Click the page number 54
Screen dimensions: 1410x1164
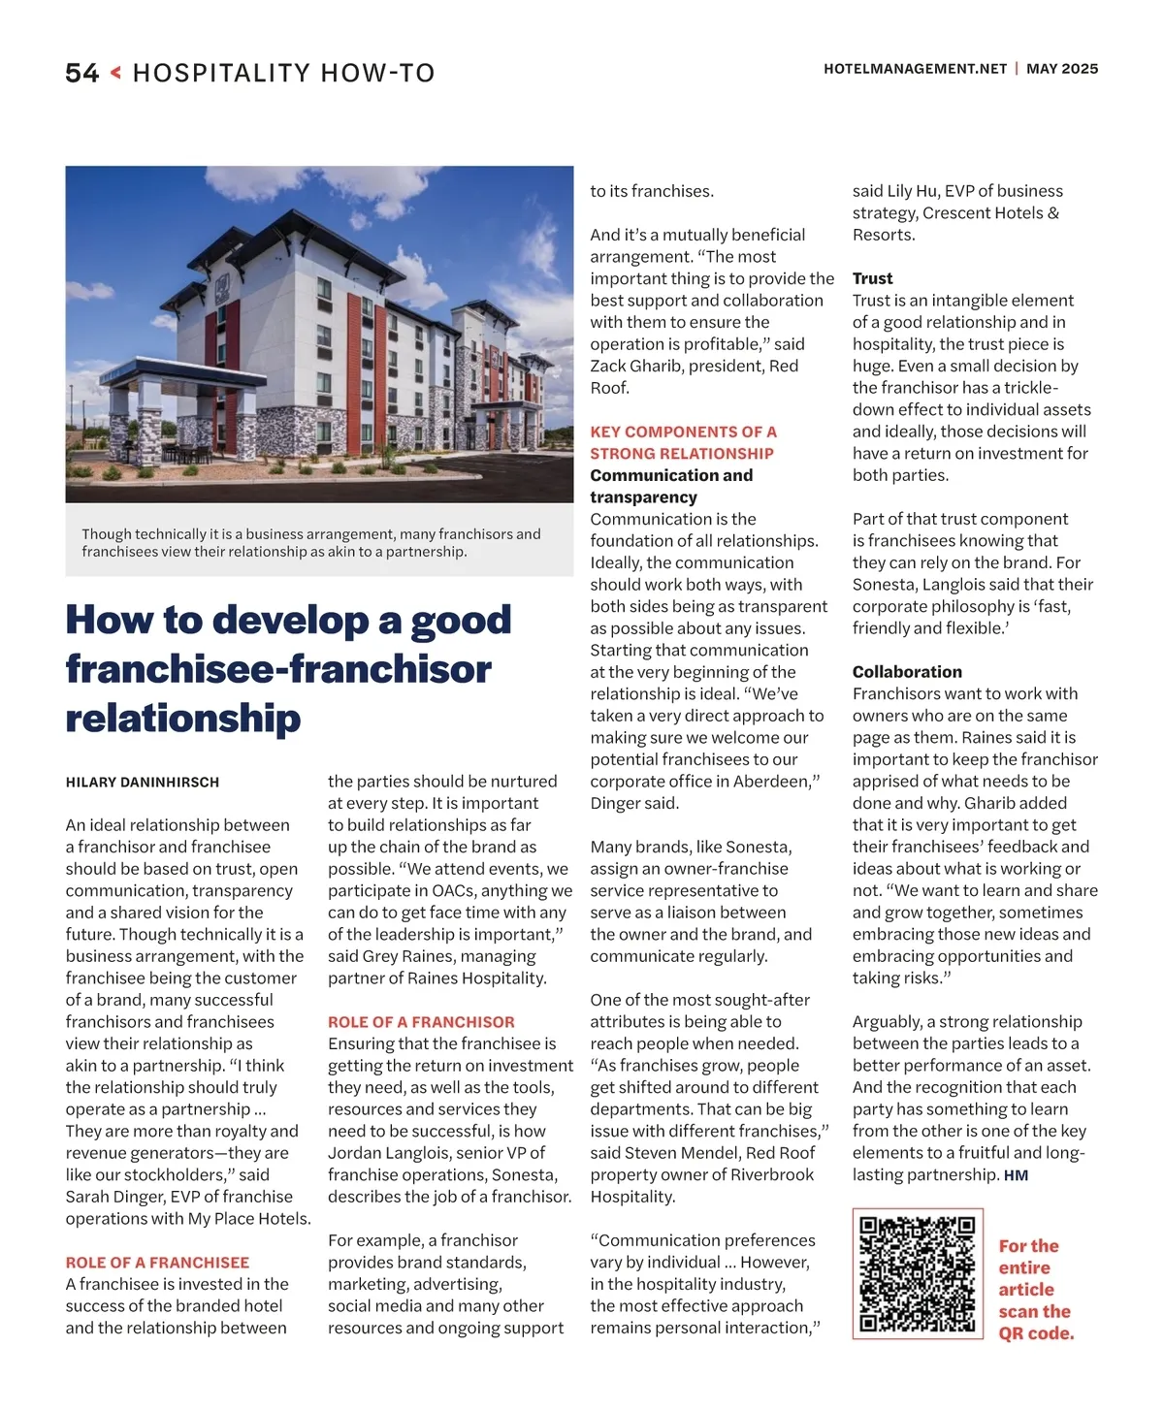pos(82,73)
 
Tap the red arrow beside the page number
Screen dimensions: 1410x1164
pos(115,72)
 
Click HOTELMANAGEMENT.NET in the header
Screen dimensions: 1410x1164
pos(915,69)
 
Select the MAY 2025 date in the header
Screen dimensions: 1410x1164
pos(1062,69)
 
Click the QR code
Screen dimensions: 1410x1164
pos(917,1273)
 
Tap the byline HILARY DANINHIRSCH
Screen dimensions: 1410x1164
pos(143,782)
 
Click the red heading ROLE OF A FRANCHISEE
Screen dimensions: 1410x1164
pos(157,1262)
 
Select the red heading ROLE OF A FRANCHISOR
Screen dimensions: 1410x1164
pos(421,1021)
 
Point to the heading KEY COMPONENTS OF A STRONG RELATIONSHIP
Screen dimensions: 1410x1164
pos(684,442)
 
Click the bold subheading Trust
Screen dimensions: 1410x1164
pos(872,278)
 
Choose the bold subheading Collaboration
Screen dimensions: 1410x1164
pos(907,671)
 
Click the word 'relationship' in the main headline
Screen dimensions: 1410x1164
pos(183,718)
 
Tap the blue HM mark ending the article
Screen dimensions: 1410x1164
pos(1016,1175)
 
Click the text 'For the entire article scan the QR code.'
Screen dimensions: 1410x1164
pos(1036,1289)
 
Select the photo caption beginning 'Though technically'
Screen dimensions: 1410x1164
pos(311,542)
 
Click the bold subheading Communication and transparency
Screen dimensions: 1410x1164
pos(671,486)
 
